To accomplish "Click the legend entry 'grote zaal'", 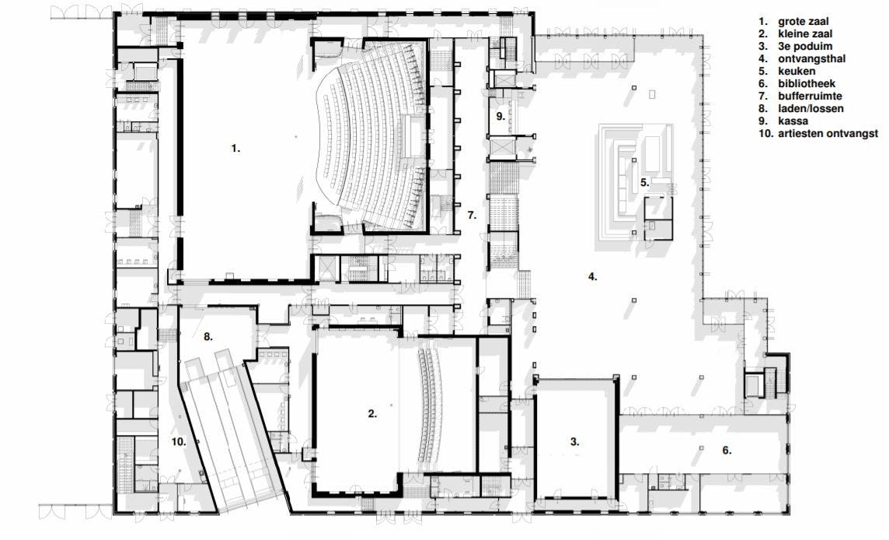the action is [803, 22].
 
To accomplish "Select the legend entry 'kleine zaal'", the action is [805, 34].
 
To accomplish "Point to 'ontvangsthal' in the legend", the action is [812, 58].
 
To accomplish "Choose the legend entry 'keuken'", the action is [797, 71].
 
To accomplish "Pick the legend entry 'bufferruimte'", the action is [811, 96].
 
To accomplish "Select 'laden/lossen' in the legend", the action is [811, 108].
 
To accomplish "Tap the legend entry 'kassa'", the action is [793, 121].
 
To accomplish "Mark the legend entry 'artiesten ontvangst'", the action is [828, 133].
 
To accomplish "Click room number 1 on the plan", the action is [235, 148].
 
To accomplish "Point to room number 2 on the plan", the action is [372, 413].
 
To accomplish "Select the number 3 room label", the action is [574, 441].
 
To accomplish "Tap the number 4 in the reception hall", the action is [592, 277].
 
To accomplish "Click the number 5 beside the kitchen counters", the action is [645, 182].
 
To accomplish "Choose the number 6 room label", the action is [727, 451].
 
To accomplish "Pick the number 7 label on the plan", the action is [472, 216].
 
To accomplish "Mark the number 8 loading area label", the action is [208, 336].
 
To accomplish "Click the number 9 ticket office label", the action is [500, 117].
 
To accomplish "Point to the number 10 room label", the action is [180, 441].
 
